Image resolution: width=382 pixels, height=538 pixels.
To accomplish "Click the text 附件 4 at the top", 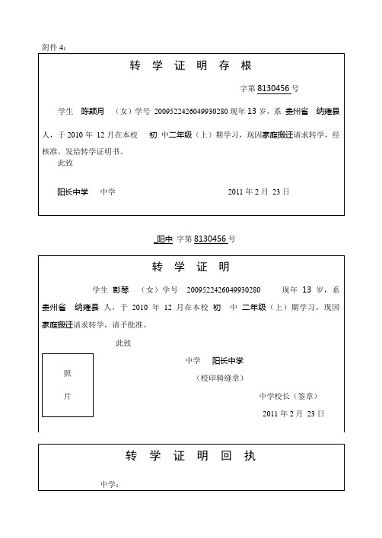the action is coord(56,47).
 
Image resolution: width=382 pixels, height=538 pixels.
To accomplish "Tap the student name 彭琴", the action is coord(122,290).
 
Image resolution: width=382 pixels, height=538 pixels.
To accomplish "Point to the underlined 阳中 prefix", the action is coord(164,239).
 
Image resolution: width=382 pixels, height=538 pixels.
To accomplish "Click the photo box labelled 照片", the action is coord(67,385).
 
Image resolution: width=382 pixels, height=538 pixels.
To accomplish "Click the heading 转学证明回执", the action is coord(191,457).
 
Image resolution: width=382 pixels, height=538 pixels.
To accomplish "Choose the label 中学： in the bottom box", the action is coord(110,484).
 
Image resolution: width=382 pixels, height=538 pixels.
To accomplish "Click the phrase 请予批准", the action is coord(127,325).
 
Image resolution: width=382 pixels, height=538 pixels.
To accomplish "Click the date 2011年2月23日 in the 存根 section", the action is coord(259,192).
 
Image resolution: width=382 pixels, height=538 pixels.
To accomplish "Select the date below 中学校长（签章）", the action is coord(294,413).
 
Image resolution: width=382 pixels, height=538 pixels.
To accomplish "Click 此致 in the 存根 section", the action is coord(65,163).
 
